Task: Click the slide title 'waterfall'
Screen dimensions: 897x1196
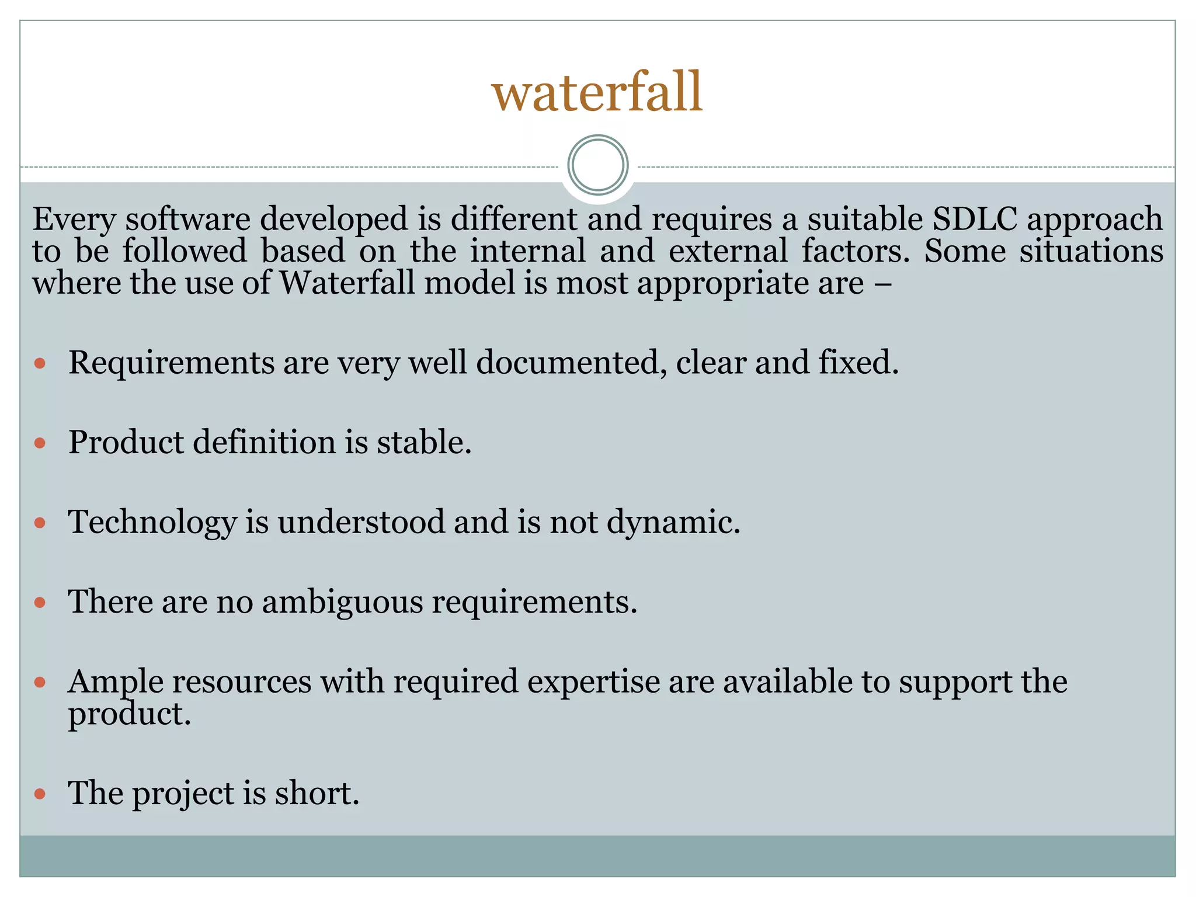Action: tap(597, 92)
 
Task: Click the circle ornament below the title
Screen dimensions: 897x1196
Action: tap(597, 165)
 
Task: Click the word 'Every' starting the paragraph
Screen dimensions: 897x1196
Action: tap(74, 220)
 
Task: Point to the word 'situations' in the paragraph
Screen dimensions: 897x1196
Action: tap(1091, 251)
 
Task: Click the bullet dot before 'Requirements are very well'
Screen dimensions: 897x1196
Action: tap(40, 364)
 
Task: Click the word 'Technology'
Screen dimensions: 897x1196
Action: tap(152, 522)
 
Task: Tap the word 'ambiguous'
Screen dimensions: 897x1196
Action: tap(342, 602)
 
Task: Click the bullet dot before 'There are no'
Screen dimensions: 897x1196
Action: tap(40, 603)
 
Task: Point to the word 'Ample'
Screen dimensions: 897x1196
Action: tap(115, 682)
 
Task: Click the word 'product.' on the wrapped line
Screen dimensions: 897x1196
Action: tap(130, 714)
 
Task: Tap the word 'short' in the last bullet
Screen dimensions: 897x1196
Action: tap(313, 793)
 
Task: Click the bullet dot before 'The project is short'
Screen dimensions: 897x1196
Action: tap(40, 794)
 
